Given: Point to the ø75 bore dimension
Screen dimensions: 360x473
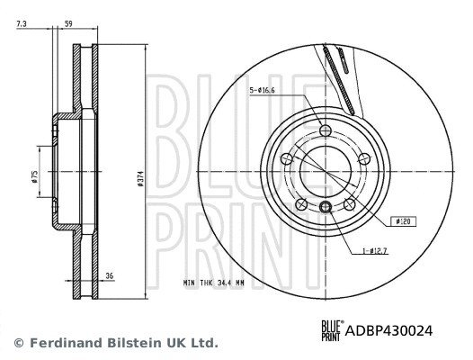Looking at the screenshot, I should (x=34, y=176).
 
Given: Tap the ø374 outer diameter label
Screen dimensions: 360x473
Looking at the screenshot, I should (x=140, y=180).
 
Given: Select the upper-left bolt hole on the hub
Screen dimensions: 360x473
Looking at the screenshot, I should (x=287, y=159).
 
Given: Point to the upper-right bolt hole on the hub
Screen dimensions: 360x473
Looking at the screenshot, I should (x=365, y=159).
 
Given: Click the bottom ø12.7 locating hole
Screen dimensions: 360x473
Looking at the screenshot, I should (x=326, y=209).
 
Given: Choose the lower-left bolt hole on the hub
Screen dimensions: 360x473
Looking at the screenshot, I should (x=302, y=205).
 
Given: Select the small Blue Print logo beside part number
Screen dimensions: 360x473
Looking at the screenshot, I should (x=332, y=330).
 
